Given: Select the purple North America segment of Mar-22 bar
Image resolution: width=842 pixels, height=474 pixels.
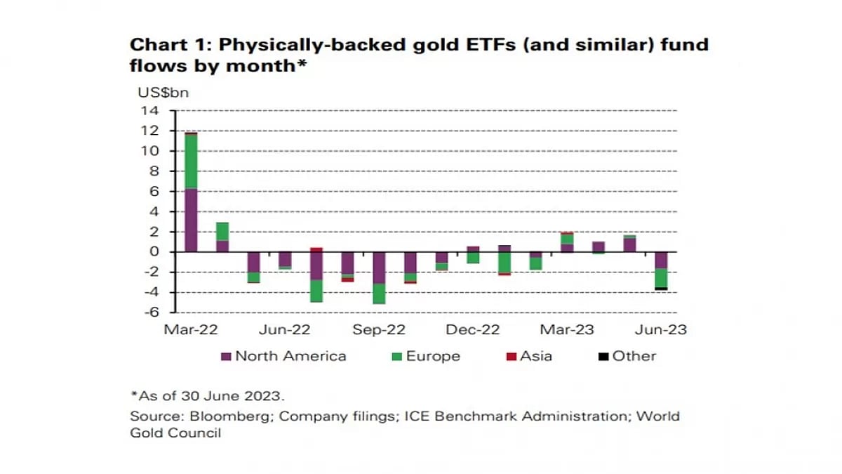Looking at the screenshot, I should point(190,220).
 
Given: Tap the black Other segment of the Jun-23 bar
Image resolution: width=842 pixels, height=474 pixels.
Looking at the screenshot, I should point(660,288).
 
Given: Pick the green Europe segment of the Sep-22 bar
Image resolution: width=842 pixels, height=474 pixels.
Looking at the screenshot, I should point(379,294).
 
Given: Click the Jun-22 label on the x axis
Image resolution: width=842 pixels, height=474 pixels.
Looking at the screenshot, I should point(285,329).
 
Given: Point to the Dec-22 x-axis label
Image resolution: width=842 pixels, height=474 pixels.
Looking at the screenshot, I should point(473,329).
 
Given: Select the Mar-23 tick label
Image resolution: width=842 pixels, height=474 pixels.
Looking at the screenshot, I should point(566,329).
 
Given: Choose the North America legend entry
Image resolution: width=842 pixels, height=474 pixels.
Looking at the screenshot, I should point(290,356).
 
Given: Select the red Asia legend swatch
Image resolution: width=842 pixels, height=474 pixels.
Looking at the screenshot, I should point(512,357).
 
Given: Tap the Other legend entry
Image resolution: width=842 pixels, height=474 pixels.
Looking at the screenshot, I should point(634,356).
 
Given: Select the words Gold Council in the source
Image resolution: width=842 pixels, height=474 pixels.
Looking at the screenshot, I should point(175,433).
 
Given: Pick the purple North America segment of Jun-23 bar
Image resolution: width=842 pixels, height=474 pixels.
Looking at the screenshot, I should point(660,260).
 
